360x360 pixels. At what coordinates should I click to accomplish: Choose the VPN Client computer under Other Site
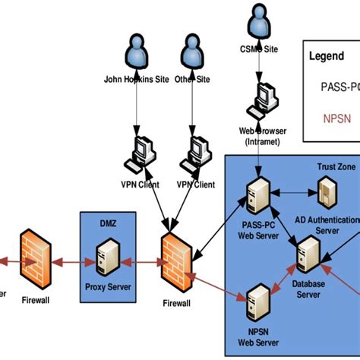click(x=195, y=153)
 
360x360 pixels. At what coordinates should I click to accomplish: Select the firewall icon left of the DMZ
click(x=33, y=257)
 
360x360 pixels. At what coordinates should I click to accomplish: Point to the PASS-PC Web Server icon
click(x=257, y=196)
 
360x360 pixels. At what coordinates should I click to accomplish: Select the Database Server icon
click(x=308, y=255)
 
